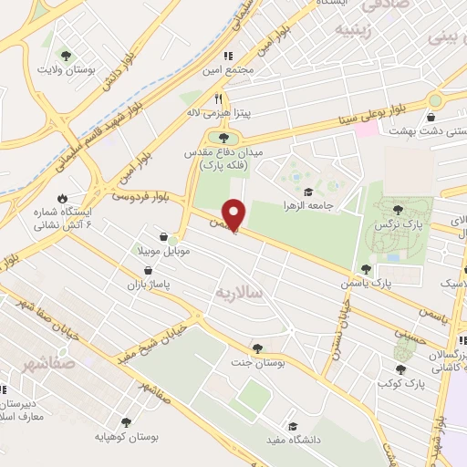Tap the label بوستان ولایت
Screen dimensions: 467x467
point(62,68)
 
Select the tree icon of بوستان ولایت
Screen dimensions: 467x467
point(63,53)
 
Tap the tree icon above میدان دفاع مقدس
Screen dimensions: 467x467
point(224,137)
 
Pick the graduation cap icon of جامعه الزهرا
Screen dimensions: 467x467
point(308,192)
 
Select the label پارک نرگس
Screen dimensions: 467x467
point(399,223)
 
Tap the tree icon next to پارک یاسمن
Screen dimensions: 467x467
point(366,269)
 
